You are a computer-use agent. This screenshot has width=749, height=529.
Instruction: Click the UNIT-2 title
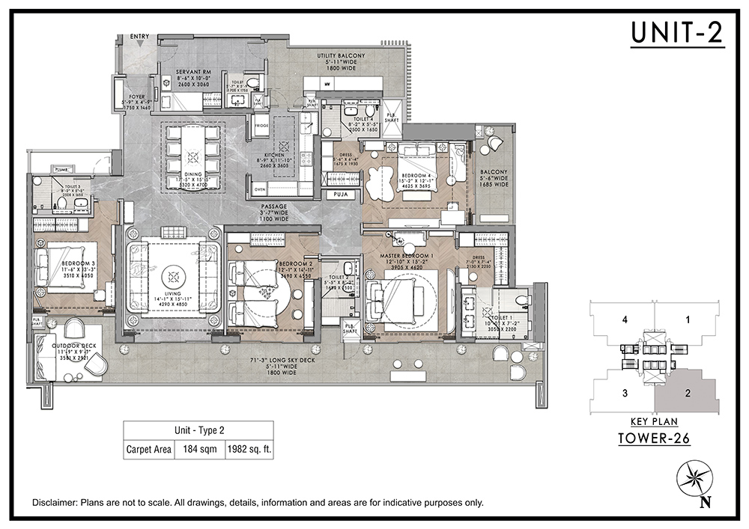(x=677, y=33)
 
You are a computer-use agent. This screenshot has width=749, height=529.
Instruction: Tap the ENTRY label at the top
(x=139, y=35)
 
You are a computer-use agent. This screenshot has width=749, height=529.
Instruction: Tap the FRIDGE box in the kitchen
(x=261, y=126)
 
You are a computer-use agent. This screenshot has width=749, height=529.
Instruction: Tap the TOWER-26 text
(x=654, y=438)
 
